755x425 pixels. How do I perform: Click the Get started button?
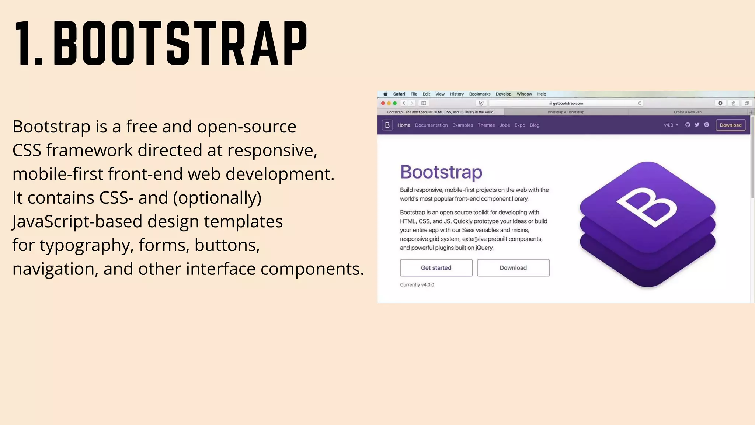(x=436, y=268)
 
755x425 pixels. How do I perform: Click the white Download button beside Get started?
(x=513, y=268)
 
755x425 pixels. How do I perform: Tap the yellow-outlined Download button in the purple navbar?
(x=730, y=125)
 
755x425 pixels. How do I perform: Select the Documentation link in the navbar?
(x=431, y=125)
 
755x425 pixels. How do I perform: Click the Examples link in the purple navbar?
(x=462, y=125)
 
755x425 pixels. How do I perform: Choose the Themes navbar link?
(x=486, y=125)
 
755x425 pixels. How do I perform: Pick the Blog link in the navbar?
(x=534, y=125)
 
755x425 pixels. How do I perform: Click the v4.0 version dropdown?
(x=671, y=125)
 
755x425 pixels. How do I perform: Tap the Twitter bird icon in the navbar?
(x=697, y=125)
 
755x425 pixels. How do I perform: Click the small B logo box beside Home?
(x=387, y=125)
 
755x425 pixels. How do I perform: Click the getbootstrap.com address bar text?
(x=567, y=103)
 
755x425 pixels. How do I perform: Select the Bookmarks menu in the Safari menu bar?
(x=479, y=94)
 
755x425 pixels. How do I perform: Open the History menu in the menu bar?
(x=456, y=94)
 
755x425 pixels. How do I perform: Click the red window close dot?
(x=383, y=103)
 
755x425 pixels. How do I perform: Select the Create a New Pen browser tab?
(x=687, y=112)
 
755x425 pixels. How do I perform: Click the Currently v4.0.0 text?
(x=417, y=285)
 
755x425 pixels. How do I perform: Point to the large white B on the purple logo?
(x=647, y=207)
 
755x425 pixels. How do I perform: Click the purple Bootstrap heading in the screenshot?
(x=441, y=172)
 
